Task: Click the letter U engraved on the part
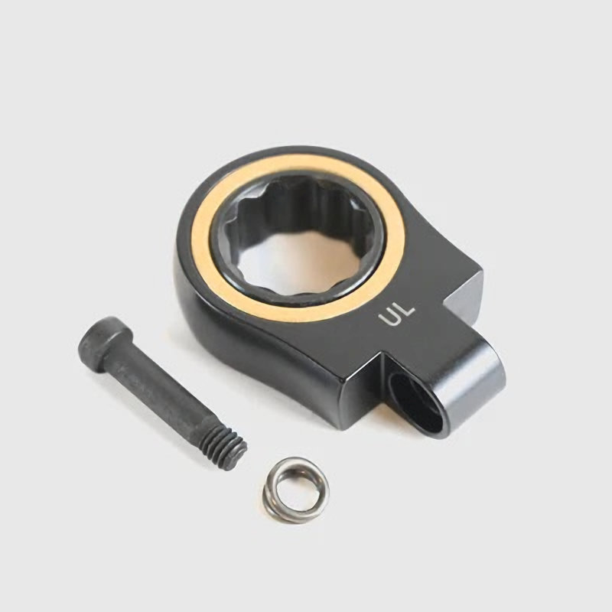pyautogui.click(x=389, y=317)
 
